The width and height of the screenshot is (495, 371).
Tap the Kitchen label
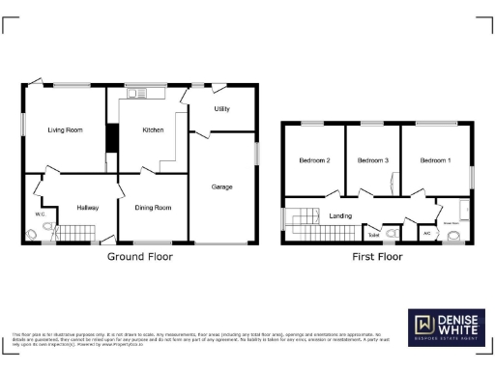pyautogui.click(x=153, y=129)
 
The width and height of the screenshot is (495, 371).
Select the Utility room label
pyautogui.click(x=221, y=109)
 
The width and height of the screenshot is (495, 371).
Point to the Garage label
pyautogui.click(x=221, y=186)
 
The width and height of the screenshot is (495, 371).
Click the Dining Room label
pyautogui.click(x=153, y=207)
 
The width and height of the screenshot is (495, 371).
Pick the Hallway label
pyautogui.click(x=88, y=207)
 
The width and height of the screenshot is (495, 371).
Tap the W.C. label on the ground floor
pyautogui.click(x=41, y=214)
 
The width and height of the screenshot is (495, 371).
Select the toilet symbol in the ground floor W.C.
pyautogui.click(x=35, y=232)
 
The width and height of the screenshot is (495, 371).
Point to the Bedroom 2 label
pyautogui.click(x=315, y=159)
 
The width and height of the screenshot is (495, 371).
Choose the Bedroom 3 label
pyautogui.click(x=371, y=159)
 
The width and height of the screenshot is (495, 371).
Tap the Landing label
pyautogui.click(x=340, y=215)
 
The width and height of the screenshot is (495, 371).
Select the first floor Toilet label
pyautogui.click(x=373, y=234)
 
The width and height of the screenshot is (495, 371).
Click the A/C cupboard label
pyautogui.click(x=426, y=234)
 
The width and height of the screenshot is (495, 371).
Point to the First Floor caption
pyautogui.click(x=376, y=257)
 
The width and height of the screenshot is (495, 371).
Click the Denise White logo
pyautogui.click(x=446, y=328)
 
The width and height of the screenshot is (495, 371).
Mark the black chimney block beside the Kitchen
pyautogui.click(x=111, y=139)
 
